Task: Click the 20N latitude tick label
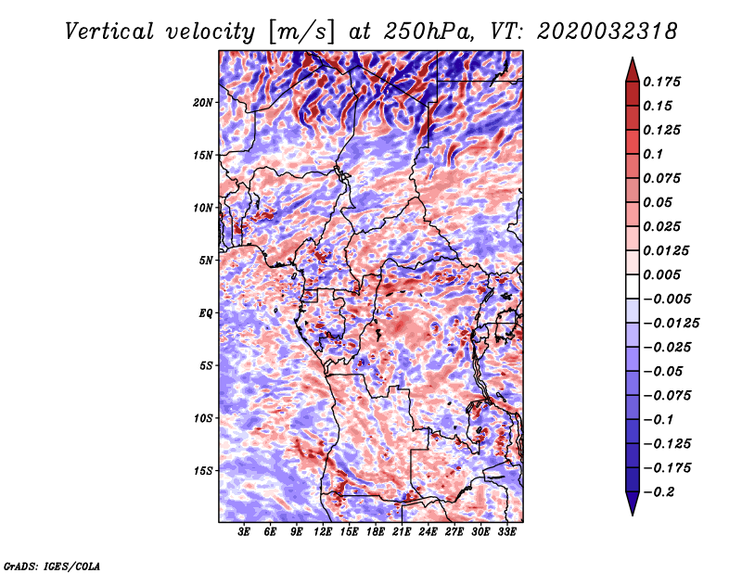203,103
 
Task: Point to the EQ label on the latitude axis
206,313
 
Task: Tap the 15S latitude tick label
203,471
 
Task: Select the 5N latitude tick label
206,261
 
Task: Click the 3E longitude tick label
244,532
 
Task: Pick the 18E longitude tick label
376,532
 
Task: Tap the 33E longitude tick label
506,532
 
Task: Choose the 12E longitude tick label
323,532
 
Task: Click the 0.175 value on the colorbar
661,82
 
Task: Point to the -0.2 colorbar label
659,492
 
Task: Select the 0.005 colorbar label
661,274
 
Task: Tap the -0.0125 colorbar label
671,324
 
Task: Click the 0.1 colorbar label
653,154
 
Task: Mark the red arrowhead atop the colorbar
633,70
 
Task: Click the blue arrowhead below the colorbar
633,503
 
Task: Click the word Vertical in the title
109,32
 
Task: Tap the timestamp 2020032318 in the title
607,32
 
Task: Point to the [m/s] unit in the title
301,32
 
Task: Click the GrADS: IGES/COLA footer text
52,566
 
